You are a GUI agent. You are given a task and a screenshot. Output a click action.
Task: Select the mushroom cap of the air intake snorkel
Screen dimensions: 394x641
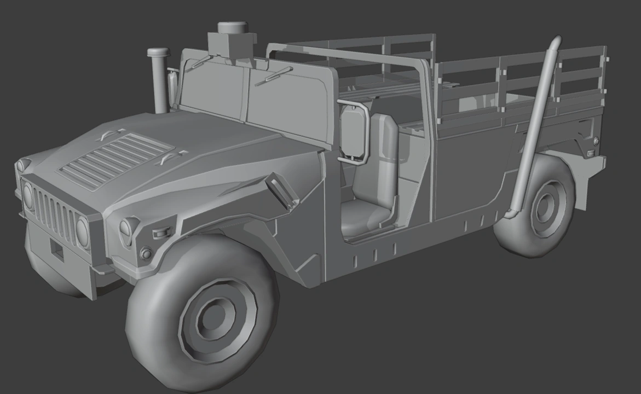158,53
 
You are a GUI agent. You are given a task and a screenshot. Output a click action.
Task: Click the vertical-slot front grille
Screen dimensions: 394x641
55,217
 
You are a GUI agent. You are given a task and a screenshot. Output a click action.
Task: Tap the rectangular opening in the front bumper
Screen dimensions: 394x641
57,251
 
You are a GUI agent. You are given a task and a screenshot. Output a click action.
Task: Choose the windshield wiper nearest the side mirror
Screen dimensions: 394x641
273,76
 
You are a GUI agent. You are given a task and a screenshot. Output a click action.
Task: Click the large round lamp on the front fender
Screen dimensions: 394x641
128,231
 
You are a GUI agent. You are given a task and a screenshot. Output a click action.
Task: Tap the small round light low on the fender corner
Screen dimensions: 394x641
146,253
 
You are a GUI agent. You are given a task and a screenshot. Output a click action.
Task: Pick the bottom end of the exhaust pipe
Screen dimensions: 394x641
511,214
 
